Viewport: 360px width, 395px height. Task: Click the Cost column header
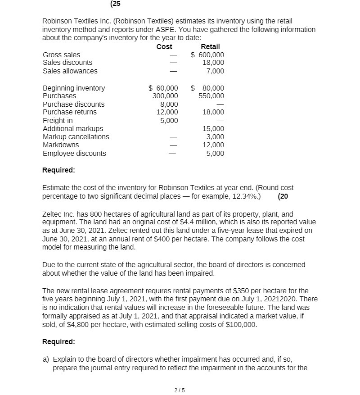tap(164, 47)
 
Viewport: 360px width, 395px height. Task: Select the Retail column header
tap(210, 47)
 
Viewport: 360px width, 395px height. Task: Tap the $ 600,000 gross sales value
tap(207, 55)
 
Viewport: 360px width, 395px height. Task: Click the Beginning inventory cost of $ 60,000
tap(163, 88)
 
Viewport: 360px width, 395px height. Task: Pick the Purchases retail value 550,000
tap(211, 96)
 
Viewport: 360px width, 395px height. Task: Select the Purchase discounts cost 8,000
tap(169, 104)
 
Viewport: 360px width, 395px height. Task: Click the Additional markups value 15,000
tap(214, 129)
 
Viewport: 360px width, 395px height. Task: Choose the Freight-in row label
tap(58, 121)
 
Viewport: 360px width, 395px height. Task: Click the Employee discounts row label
tap(74, 154)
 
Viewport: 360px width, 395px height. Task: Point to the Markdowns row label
tap(61, 145)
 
